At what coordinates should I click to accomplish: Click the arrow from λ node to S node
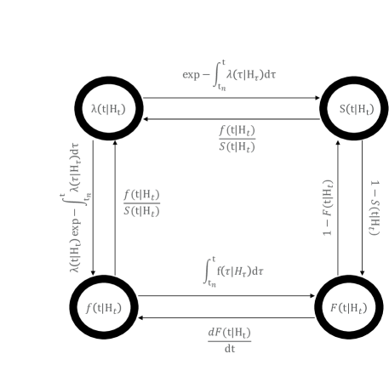pyautogui.click(x=232, y=98)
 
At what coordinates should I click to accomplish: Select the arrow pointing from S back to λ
pyautogui.click(x=232, y=119)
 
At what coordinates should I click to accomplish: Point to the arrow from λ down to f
pyautogui.click(x=93, y=208)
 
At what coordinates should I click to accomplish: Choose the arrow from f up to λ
pyautogui.click(x=115, y=208)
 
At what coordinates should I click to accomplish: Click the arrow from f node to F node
pyautogui.click(x=226, y=296)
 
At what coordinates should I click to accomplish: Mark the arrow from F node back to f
pyautogui.click(x=226, y=317)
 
